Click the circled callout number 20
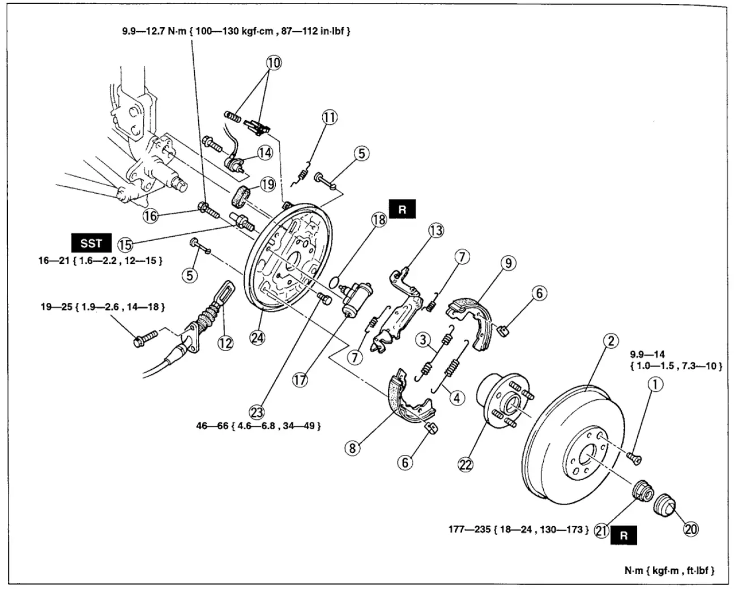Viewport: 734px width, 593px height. point(690,529)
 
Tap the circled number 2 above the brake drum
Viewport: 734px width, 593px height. point(610,341)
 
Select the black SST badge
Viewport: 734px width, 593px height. point(91,243)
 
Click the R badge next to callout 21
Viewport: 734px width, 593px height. point(624,536)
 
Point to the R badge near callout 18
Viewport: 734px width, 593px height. point(402,209)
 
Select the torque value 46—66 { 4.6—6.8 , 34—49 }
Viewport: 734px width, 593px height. point(258,425)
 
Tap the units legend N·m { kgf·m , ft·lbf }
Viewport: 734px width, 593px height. point(666,570)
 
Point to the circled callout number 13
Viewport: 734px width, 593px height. point(436,231)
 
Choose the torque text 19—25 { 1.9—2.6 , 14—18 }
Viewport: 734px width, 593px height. point(103,307)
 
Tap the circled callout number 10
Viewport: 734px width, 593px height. point(273,62)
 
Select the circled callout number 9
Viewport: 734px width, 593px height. point(508,263)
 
